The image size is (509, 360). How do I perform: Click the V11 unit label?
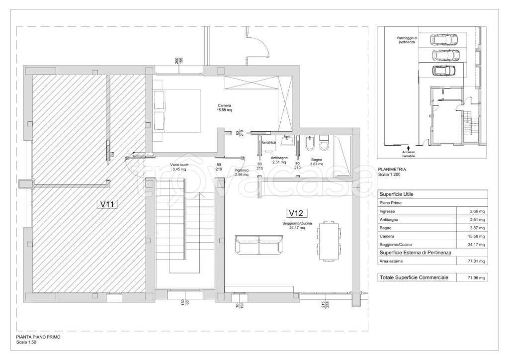coord(107,204)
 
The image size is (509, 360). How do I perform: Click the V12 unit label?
coord(297,213)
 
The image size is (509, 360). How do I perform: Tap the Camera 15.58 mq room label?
coord(224,108)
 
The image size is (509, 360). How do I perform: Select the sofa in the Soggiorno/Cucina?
coord(258,245)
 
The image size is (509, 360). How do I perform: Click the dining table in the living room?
coord(329,241)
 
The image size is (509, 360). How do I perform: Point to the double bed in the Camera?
coord(176,111)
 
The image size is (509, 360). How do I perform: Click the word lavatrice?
coord(269,143)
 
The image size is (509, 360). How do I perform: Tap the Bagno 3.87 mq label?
coord(317,162)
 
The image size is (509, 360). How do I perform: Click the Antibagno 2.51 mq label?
coord(279,160)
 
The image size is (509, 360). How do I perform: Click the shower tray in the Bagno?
coord(343,157)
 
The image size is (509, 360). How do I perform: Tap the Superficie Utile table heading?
coord(396,194)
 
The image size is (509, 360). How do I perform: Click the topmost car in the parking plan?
coord(444,39)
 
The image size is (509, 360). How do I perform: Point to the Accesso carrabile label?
coord(409,154)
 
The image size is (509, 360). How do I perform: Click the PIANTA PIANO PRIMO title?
coord(38,337)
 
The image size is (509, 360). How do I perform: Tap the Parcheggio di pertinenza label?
coord(407,40)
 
